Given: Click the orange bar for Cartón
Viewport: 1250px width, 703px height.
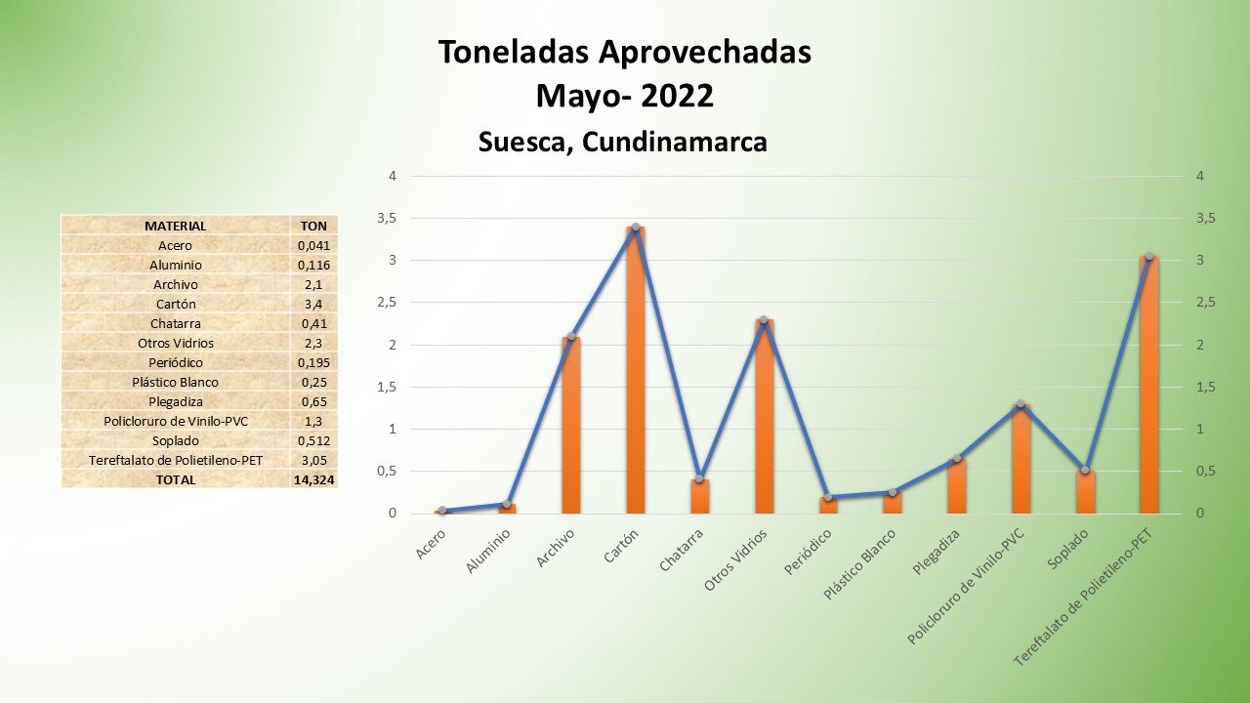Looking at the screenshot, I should (x=636, y=371).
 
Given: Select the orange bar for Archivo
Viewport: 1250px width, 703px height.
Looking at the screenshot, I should (x=571, y=425).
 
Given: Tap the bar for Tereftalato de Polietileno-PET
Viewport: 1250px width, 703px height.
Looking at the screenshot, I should (x=1148, y=386).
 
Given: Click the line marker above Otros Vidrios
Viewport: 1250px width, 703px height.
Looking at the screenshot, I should (x=764, y=320).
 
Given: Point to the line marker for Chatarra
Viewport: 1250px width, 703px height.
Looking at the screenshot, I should (x=699, y=478).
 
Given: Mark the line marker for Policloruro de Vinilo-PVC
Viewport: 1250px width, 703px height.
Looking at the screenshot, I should (x=1021, y=404).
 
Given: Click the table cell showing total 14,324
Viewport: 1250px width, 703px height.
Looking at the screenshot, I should (x=313, y=479).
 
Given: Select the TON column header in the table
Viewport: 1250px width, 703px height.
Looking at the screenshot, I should (x=313, y=226).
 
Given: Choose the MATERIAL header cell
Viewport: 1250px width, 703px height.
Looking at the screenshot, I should (x=175, y=226).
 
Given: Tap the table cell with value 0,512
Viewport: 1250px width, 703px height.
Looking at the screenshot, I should (x=313, y=440).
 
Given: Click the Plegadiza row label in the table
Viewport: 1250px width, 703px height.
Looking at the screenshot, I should (x=175, y=401).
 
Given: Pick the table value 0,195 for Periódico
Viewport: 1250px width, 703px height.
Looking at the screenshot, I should (x=313, y=362).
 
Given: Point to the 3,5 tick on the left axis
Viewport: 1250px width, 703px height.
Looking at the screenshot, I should (x=387, y=219).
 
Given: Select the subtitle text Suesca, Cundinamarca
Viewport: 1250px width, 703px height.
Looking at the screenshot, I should (x=623, y=143).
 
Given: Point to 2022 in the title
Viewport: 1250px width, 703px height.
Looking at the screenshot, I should (x=678, y=97).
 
